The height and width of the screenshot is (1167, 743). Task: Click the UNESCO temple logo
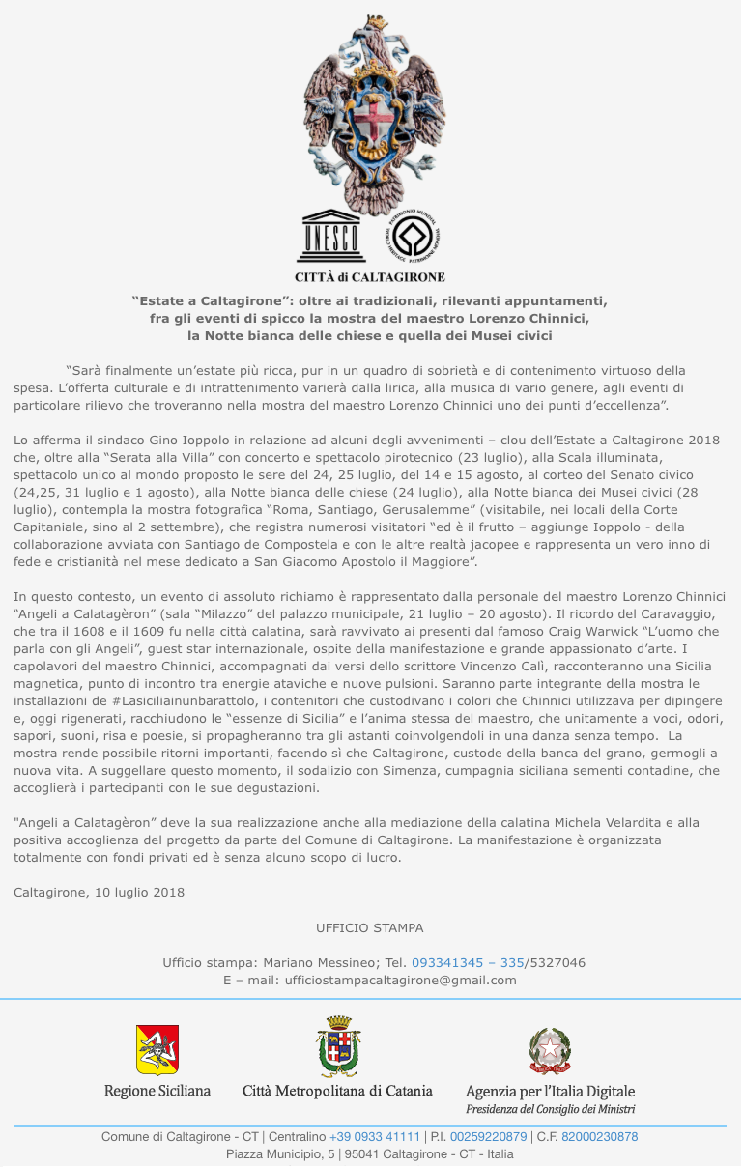(x=330, y=235)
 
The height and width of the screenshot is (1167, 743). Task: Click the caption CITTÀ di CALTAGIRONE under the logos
(x=370, y=276)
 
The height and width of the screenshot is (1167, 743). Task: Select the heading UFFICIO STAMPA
(x=369, y=927)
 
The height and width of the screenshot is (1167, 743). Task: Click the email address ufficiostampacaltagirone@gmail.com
(x=399, y=980)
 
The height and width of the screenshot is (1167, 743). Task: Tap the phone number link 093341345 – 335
(x=468, y=962)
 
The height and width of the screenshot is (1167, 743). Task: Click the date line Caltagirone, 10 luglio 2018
(x=99, y=892)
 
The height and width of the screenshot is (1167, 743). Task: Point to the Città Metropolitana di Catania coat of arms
(x=338, y=1047)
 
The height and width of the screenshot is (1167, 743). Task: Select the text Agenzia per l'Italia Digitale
(x=550, y=1091)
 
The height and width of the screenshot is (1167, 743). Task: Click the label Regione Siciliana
(x=157, y=1091)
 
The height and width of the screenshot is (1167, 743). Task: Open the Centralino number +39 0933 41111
(x=375, y=1137)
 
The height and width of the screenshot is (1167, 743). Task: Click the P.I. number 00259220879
(x=489, y=1137)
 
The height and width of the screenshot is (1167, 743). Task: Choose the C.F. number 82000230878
(x=599, y=1137)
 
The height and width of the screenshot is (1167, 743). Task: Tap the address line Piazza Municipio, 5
(x=277, y=1153)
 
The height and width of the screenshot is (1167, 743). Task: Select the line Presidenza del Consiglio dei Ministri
(x=550, y=1110)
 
